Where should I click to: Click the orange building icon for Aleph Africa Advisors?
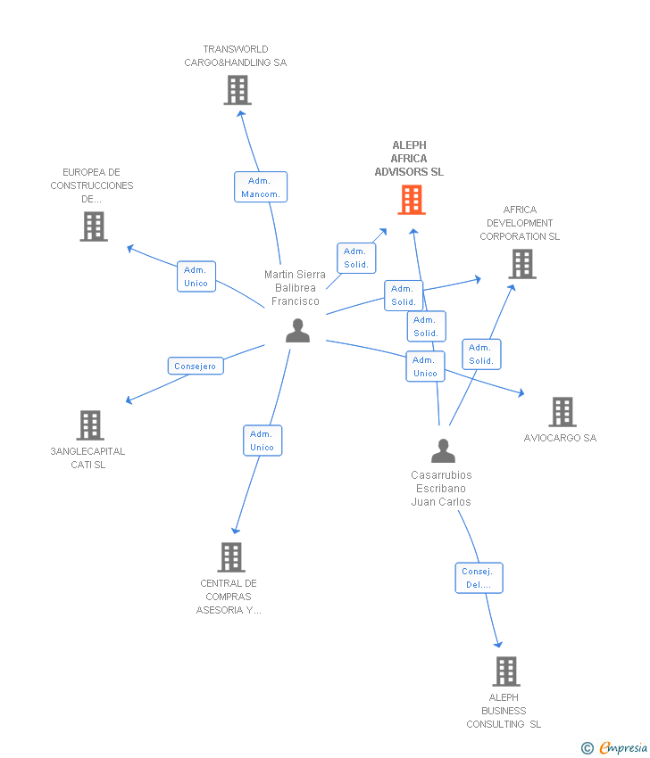pos(411,200)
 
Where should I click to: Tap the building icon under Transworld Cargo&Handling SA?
pos(237,90)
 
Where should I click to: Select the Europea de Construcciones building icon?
pos(93,227)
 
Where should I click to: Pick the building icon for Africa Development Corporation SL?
pos(522,264)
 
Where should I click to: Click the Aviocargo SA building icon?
pos(562,412)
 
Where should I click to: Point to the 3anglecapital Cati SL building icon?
pos(89,425)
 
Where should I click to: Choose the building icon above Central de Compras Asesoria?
pos(230,557)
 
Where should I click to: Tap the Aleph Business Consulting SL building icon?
pos(505,671)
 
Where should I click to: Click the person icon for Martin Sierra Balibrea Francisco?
pos(297,331)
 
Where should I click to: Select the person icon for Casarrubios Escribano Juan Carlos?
pos(443,451)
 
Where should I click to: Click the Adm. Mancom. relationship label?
pos(262,187)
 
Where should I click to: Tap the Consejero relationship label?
pos(196,366)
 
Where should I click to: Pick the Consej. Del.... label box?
pos(479,578)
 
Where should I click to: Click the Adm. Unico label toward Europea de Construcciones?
pos(196,276)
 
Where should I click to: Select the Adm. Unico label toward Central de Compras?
pos(262,441)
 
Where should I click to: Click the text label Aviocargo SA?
pos(560,438)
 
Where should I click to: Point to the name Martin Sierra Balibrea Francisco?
pos(295,288)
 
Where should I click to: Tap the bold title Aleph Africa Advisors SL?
pos(409,159)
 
